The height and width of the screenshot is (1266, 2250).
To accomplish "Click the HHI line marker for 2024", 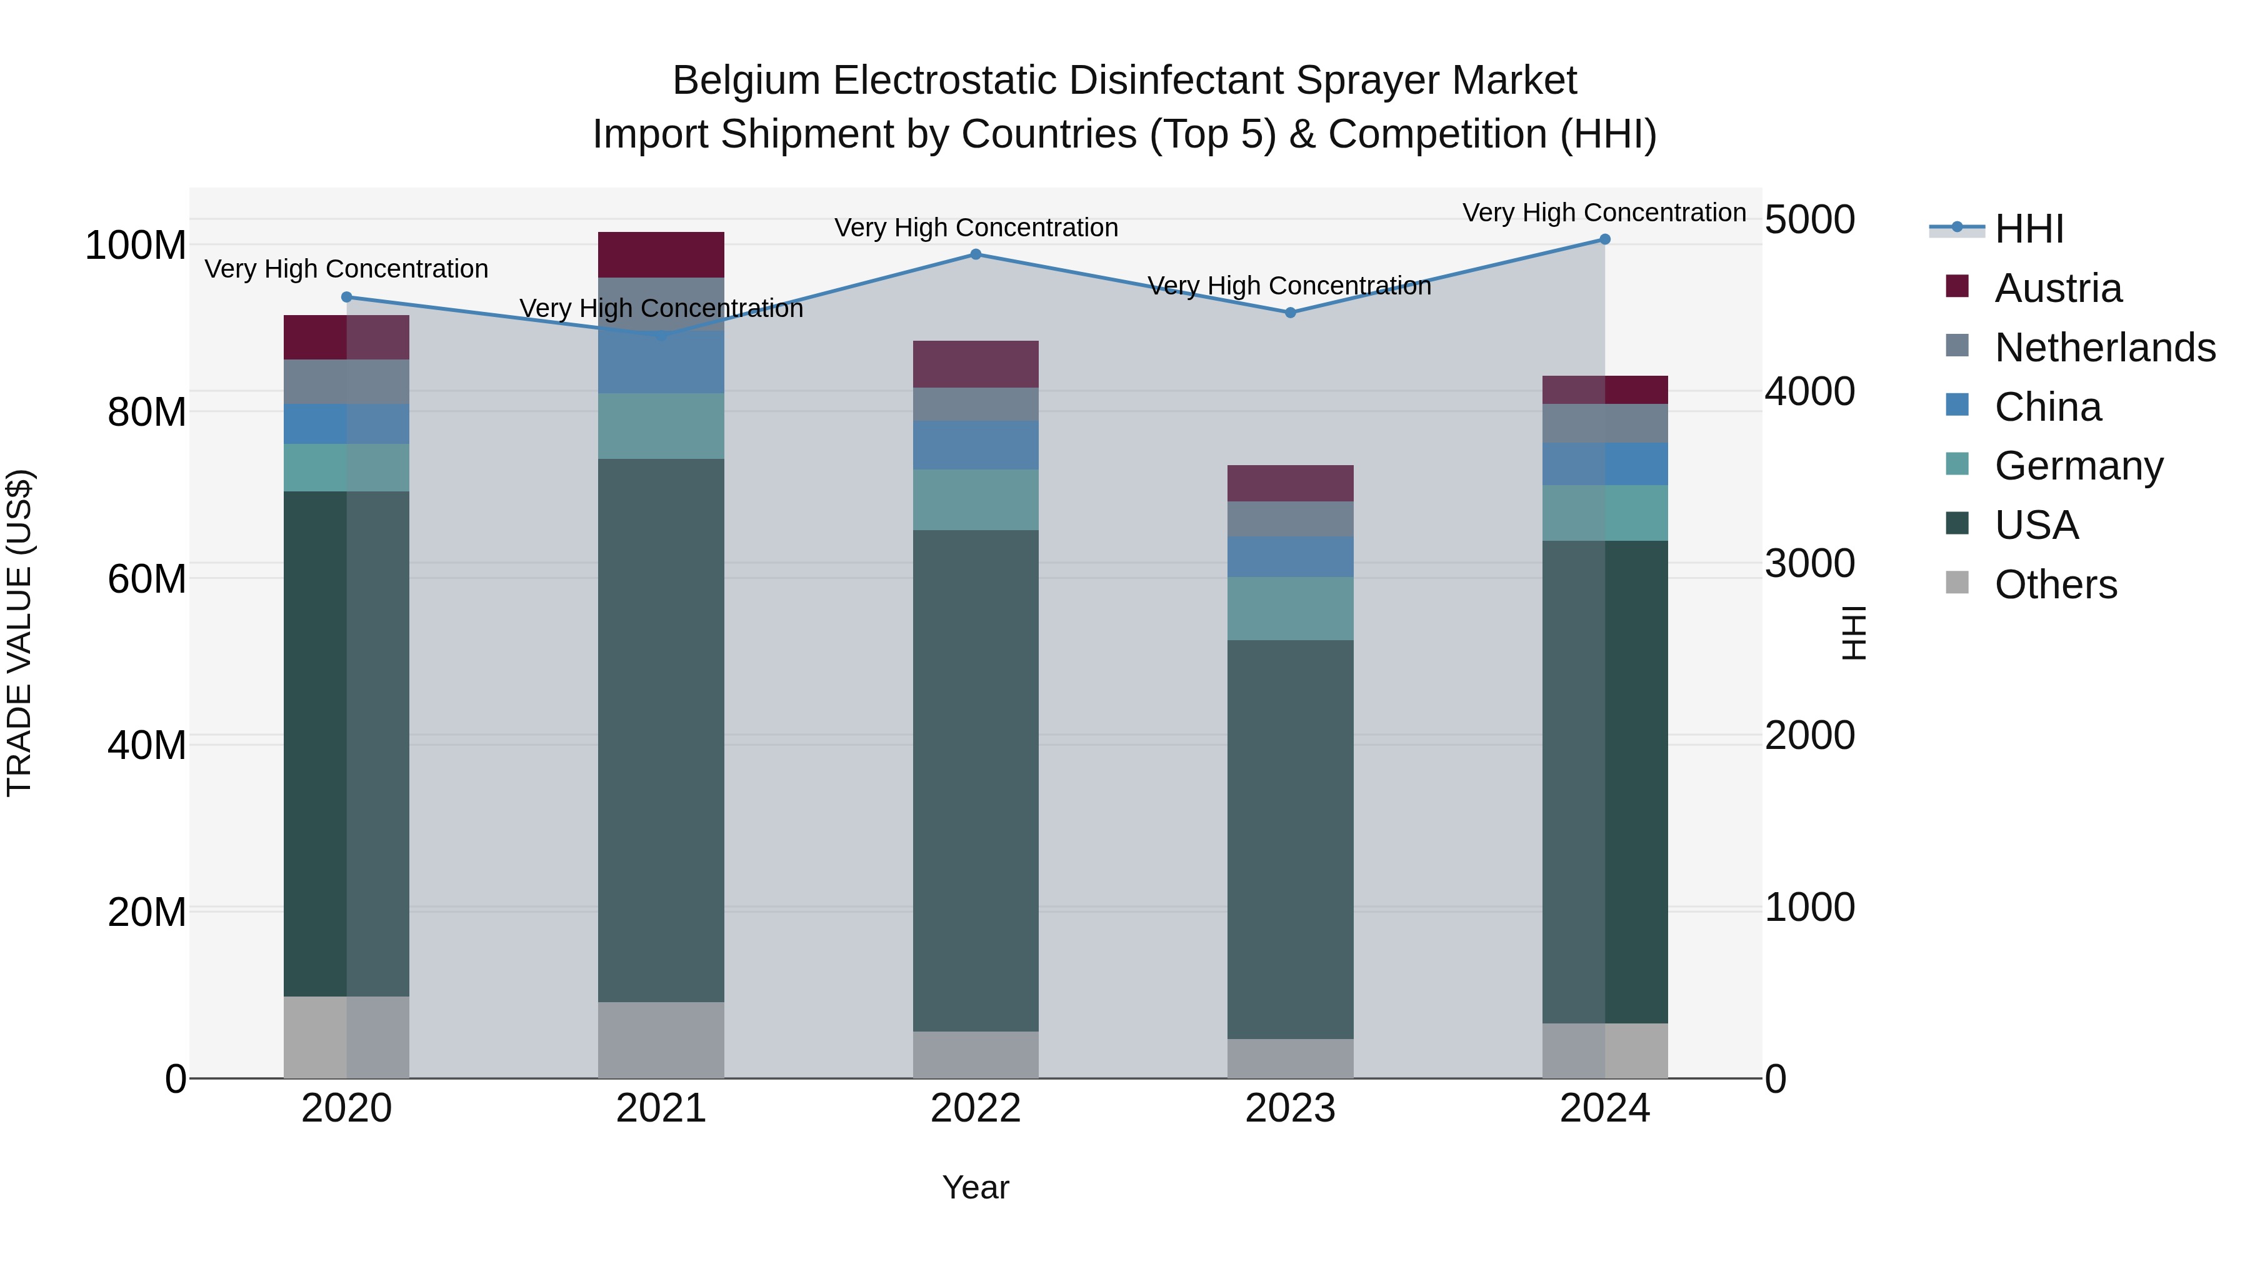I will pos(1604,239).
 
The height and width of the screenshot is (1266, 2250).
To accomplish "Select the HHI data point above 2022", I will pos(976,254).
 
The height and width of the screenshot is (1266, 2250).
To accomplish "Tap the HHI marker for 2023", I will pos(1290,313).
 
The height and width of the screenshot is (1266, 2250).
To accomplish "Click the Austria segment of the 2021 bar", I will pos(661,254).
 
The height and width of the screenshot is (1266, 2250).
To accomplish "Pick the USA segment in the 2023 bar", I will pos(1290,839).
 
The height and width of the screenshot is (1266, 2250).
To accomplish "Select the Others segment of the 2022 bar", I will pos(976,1055).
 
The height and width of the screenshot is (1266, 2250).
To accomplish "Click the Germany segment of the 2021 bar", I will pos(661,426).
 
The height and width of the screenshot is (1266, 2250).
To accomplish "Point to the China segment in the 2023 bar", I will pos(1290,556).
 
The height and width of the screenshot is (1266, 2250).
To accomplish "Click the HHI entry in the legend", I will pos(2029,229).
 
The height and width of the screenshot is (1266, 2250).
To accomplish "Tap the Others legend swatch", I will pos(1957,583).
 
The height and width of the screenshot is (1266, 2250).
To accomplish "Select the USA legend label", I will pos(2036,525).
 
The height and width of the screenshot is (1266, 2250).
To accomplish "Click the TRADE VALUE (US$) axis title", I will pos(19,633).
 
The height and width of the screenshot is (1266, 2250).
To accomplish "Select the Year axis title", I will pos(976,1187).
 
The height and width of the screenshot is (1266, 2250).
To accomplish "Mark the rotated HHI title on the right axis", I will pos(1852,633).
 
